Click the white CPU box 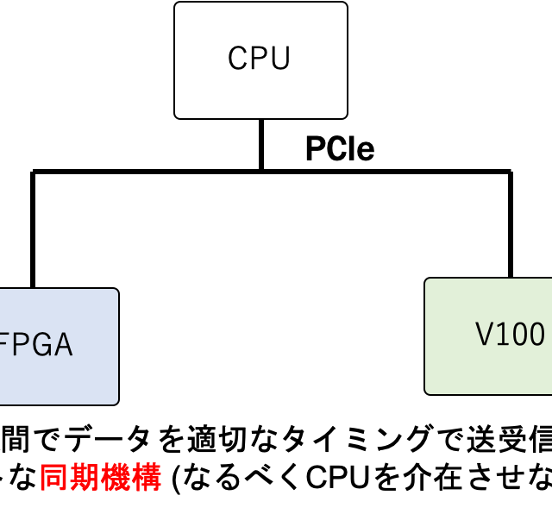click(260, 60)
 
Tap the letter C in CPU click(237, 59)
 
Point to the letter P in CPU click(259, 59)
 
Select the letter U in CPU click(280, 59)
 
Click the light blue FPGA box click(57, 347)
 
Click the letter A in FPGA click(61, 345)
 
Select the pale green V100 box click(489, 336)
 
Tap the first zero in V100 click(518, 335)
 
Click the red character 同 click(53, 478)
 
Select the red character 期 click(85, 478)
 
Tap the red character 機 click(116, 478)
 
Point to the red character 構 click(147, 478)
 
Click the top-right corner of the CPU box click(345, 4)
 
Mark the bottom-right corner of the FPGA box click(116, 403)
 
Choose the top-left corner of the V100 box click(427, 280)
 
